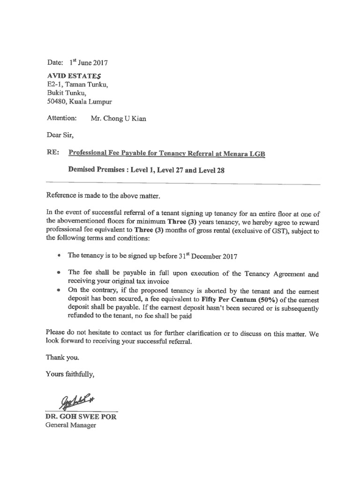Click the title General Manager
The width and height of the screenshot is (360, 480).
click(71, 425)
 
